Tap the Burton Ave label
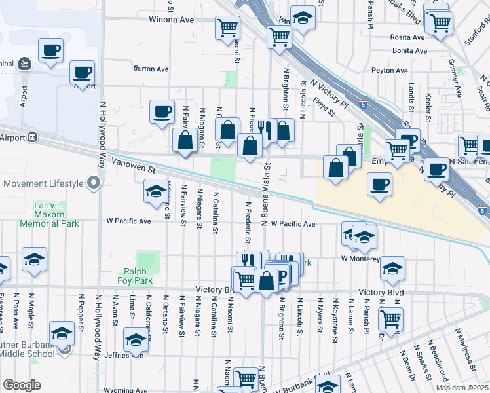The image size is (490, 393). [x=151, y=69]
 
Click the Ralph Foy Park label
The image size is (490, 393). [x=134, y=276]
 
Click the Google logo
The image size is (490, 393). [x=22, y=385]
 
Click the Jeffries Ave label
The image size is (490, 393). [x=128, y=356]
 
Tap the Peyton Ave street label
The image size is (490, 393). [x=390, y=71]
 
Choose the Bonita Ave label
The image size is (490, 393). [x=409, y=50]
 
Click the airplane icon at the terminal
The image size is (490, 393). [x=24, y=64]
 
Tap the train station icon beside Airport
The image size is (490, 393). [x=31, y=138]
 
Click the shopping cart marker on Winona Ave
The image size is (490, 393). [x=227, y=27]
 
